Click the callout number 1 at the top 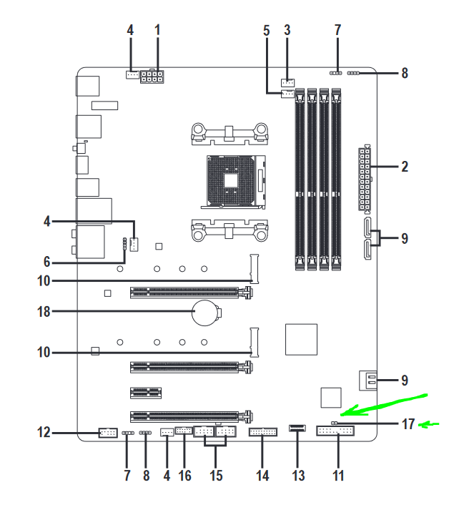[158, 30]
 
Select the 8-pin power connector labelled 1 [152, 77]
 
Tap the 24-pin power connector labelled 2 [365, 179]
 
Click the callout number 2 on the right [405, 167]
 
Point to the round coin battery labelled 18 [204, 313]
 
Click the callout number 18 [44, 312]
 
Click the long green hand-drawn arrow [384, 406]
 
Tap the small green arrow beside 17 [428, 424]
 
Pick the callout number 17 [408, 423]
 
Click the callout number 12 [44, 433]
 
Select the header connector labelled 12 [108, 433]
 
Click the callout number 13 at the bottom [298, 476]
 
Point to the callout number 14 [262, 476]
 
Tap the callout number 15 [216, 476]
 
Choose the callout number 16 [185, 476]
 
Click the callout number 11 [338, 476]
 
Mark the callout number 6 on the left [47, 262]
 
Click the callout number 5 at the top [267, 30]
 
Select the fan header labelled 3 [287, 82]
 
